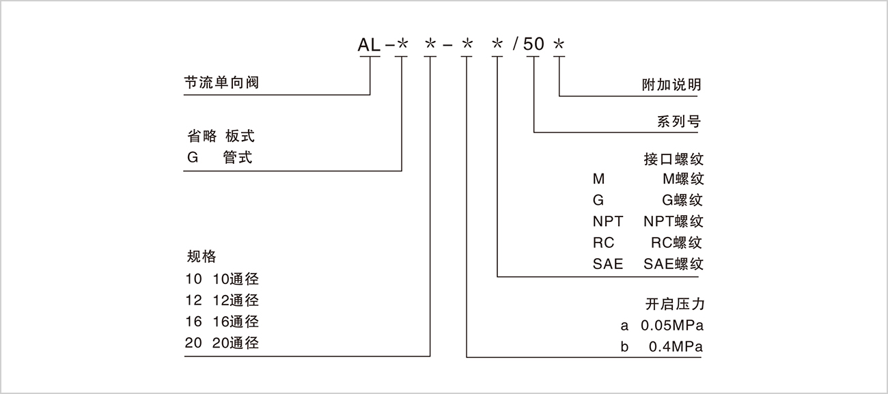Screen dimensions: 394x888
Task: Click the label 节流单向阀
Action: point(222,83)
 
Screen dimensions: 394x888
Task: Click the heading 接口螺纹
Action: point(673,160)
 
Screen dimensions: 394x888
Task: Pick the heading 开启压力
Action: point(674,304)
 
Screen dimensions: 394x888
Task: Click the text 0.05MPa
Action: point(672,325)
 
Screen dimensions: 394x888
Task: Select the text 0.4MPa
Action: point(676,346)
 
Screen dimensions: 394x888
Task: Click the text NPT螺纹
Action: point(673,221)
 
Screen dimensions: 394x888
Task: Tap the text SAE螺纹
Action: point(673,264)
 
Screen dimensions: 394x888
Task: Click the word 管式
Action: point(238,158)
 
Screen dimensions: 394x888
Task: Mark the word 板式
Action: point(240,137)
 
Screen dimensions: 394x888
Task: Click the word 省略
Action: point(201,137)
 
